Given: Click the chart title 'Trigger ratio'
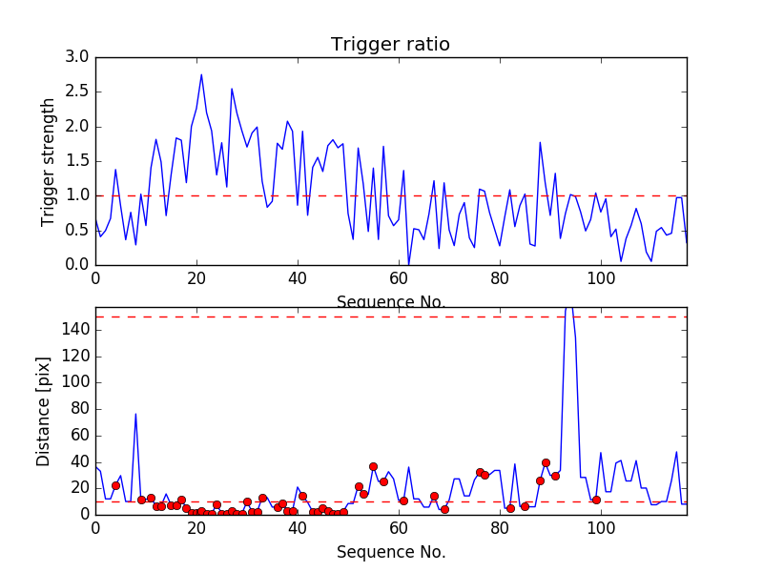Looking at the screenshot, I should (x=390, y=45).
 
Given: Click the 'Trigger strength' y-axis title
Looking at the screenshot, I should (x=49, y=161).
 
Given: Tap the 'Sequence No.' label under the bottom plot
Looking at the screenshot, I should (x=390, y=552).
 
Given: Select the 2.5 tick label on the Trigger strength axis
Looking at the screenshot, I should (x=77, y=92).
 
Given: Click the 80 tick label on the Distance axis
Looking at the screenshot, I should (x=76, y=409).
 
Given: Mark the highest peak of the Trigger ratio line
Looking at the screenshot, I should (x=201, y=74).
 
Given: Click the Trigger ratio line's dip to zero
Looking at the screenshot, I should (x=409, y=263).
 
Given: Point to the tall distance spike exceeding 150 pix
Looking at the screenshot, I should (x=569, y=309).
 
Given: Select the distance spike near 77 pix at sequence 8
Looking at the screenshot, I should (x=135, y=414).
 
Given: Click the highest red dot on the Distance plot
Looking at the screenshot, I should (x=546, y=462).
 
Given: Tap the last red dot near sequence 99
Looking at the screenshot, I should (x=596, y=500).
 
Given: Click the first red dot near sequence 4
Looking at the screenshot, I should (x=115, y=485).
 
